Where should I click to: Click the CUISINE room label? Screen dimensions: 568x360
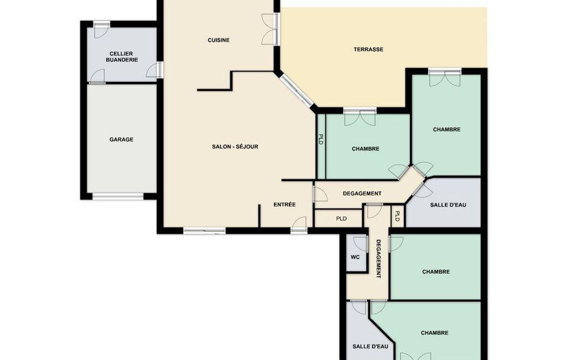[x=218, y=40]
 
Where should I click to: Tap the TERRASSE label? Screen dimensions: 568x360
[x=369, y=49]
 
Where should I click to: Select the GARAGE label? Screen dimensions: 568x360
[x=121, y=140]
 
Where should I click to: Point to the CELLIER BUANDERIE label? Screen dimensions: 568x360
[x=122, y=57]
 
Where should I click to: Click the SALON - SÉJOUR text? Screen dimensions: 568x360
[x=235, y=147]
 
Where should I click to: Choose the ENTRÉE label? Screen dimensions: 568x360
[x=284, y=204]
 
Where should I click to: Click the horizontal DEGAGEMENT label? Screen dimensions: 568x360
[x=362, y=194]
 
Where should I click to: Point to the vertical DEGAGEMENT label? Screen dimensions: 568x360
[x=378, y=259]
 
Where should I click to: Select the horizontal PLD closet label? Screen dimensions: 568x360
[x=341, y=219]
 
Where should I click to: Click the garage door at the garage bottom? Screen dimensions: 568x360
[x=118, y=196]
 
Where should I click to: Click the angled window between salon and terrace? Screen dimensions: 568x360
[x=296, y=91]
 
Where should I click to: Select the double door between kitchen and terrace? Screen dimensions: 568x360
[x=270, y=29]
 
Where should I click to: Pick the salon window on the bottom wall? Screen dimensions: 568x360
[x=204, y=230]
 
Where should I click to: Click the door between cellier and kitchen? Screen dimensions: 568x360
[x=155, y=70]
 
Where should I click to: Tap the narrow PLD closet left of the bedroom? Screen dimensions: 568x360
[x=321, y=146]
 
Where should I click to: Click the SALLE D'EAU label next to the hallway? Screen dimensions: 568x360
[x=448, y=205]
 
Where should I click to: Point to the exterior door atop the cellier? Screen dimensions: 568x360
[x=101, y=30]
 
